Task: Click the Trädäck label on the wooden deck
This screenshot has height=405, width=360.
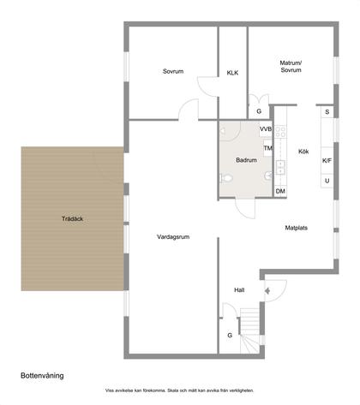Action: click(72, 217)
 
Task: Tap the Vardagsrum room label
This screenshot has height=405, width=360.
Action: click(172, 237)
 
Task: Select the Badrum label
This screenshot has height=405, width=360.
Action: click(246, 160)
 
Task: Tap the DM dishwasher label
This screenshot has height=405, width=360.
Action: click(280, 191)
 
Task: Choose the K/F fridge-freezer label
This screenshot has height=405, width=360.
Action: click(327, 160)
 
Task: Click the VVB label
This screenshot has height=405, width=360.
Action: click(265, 129)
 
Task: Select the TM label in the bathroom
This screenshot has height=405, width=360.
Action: click(267, 148)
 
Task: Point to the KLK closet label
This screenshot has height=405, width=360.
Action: click(232, 73)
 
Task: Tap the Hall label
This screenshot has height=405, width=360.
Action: click(240, 290)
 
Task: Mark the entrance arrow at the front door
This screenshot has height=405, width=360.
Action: click(268, 290)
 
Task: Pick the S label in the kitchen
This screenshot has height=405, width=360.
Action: click(327, 112)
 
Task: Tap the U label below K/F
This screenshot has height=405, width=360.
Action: click(327, 181)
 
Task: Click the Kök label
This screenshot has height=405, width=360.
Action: click(303, 152)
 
